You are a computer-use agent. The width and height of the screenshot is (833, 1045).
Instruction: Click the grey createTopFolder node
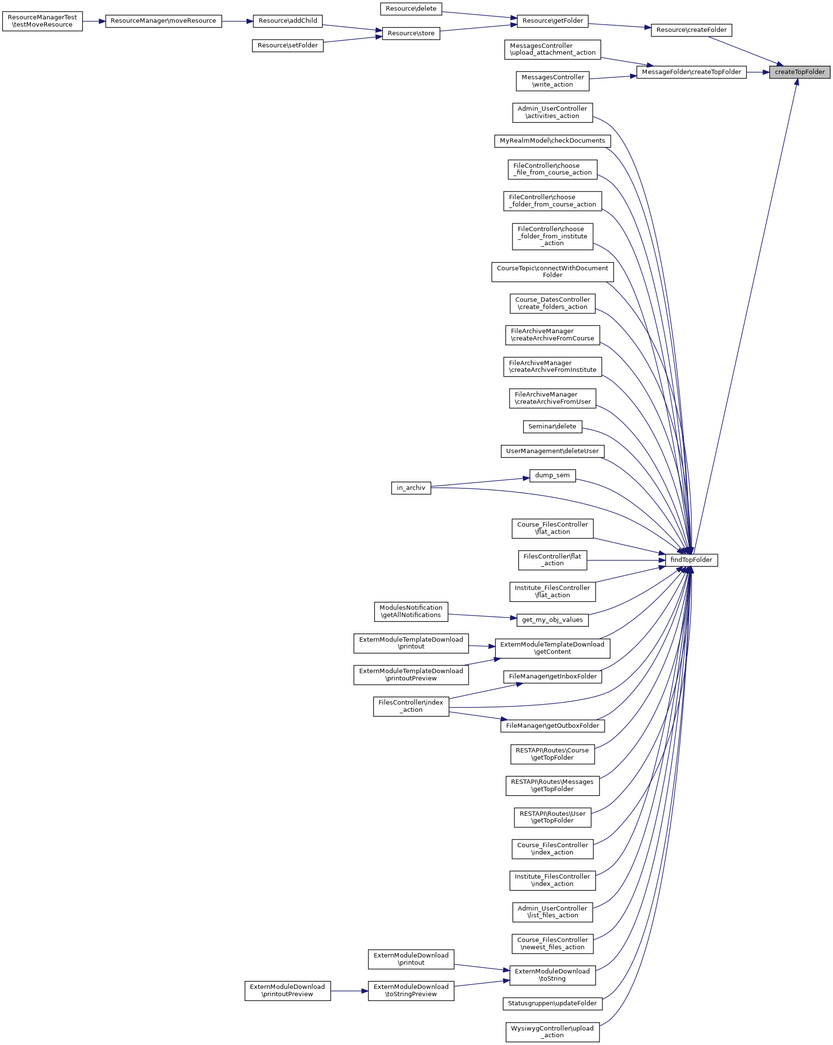799,72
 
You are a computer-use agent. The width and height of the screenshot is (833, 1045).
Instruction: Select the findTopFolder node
691,560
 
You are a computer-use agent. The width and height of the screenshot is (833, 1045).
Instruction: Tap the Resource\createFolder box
691,30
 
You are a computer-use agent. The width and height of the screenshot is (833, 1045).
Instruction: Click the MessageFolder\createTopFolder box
691,72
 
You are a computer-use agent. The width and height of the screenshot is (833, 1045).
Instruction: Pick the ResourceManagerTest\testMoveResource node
42,21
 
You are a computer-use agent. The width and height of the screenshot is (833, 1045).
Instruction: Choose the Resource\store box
411,33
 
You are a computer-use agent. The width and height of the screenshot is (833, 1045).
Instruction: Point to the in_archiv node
411,487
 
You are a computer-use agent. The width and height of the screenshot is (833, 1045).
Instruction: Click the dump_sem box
552,475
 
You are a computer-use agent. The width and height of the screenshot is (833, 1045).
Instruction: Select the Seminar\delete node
552,427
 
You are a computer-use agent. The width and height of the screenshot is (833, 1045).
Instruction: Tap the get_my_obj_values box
552,620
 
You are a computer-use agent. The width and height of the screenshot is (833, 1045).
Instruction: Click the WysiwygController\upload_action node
552,1031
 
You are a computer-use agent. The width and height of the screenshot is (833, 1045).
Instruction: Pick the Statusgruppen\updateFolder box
552,1003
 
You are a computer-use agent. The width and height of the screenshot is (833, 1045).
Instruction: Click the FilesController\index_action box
411,706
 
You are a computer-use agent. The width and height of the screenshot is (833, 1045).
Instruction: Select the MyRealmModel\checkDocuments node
552,141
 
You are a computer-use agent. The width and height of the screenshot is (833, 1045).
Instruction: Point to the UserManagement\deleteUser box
552,451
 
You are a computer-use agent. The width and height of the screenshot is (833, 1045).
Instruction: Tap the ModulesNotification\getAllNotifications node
411,611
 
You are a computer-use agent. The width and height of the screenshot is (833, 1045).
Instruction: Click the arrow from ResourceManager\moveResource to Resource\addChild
237,21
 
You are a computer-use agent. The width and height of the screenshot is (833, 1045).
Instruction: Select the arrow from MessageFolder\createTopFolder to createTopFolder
758,72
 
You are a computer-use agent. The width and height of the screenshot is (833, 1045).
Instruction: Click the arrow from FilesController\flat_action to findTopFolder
626,560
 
